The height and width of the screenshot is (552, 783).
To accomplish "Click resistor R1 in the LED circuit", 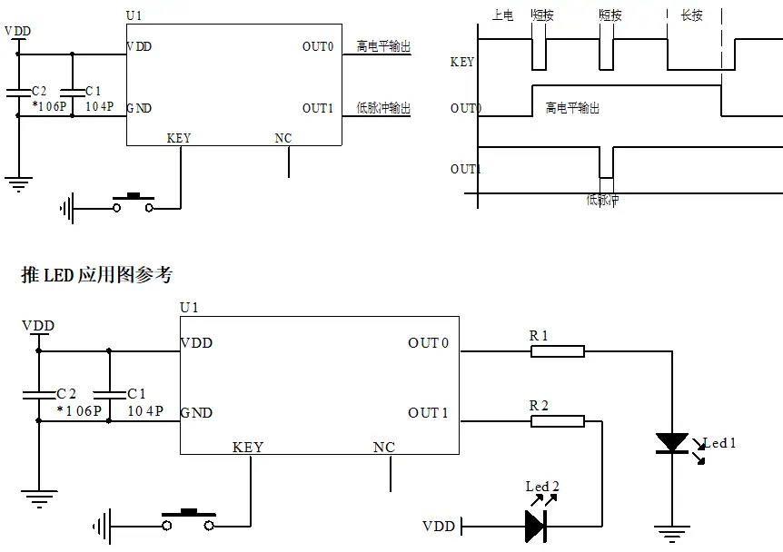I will tap(557, 350).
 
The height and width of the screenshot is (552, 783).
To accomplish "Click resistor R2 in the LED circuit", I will tap(557, 420).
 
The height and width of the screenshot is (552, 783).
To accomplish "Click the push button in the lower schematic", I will tap(189, 520).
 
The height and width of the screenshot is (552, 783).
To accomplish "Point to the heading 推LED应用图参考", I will tap(96, 274).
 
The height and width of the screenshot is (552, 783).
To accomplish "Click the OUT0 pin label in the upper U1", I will tap(318, 46).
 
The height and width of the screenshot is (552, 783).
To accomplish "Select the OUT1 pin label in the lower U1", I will tap(428, 413).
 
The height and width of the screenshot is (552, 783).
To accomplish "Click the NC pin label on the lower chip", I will tap(384, 448).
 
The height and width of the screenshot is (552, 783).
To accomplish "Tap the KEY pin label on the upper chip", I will tap(179, 138).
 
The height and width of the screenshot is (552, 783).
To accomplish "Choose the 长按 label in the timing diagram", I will tap(691, 15).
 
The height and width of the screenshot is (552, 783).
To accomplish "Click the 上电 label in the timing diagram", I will tap(501, 15).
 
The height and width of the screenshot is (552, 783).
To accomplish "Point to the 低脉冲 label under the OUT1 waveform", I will tap(602, 200).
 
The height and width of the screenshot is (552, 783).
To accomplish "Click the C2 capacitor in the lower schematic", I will tap(38, 394).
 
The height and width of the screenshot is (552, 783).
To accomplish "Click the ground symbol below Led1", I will tap(672, 536).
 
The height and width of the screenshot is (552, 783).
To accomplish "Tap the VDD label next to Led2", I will tap(440, 527).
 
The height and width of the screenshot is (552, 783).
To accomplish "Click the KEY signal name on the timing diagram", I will tap(461, 63).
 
